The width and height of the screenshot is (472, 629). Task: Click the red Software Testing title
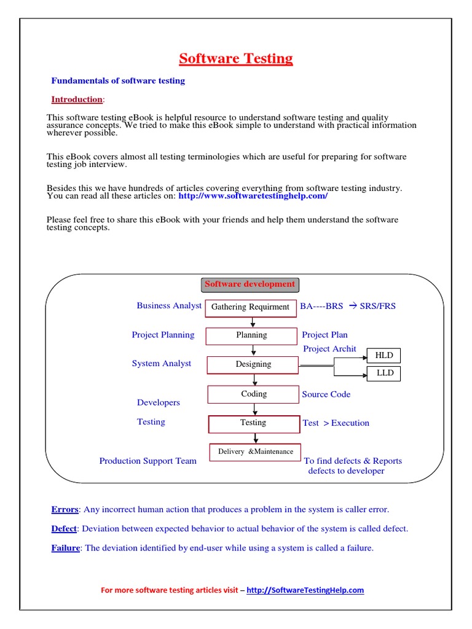click(x=236, y=59)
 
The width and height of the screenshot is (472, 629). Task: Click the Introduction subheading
click(x=77, y=100)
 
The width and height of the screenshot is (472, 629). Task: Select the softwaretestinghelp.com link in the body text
click(x=253, y=196)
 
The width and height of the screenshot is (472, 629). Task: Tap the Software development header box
click(x=250, y=284)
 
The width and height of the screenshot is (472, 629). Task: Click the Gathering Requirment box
click(x=250, y=307)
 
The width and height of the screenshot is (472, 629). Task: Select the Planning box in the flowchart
click(x=251, y=335)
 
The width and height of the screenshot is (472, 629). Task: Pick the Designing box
click(x=253, y=364)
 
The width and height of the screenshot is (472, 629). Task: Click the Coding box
click(x=253, y=394)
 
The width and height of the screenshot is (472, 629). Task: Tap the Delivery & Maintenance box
click(x=255, y=451)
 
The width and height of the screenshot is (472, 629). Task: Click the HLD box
click(x=383, y=356)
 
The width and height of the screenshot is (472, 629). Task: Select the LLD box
click(x=385, y=373)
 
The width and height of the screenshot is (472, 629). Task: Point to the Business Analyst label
click(x=169, y=305)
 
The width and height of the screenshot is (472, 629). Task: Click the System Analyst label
click(x=161, y=364)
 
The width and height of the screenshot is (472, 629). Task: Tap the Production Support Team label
click(x=147, y=461)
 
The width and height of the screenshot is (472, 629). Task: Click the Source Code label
click(x=326, y=394)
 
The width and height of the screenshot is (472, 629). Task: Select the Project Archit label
click(x=329, y=349)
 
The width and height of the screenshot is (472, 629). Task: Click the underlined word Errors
click(x=65, y=509)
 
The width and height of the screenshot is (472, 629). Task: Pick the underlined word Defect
click(x=64, y=528)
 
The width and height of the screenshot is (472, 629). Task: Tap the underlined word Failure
click(x=65, y=548)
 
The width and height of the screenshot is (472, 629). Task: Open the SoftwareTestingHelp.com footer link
click(x=305, y=590)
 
